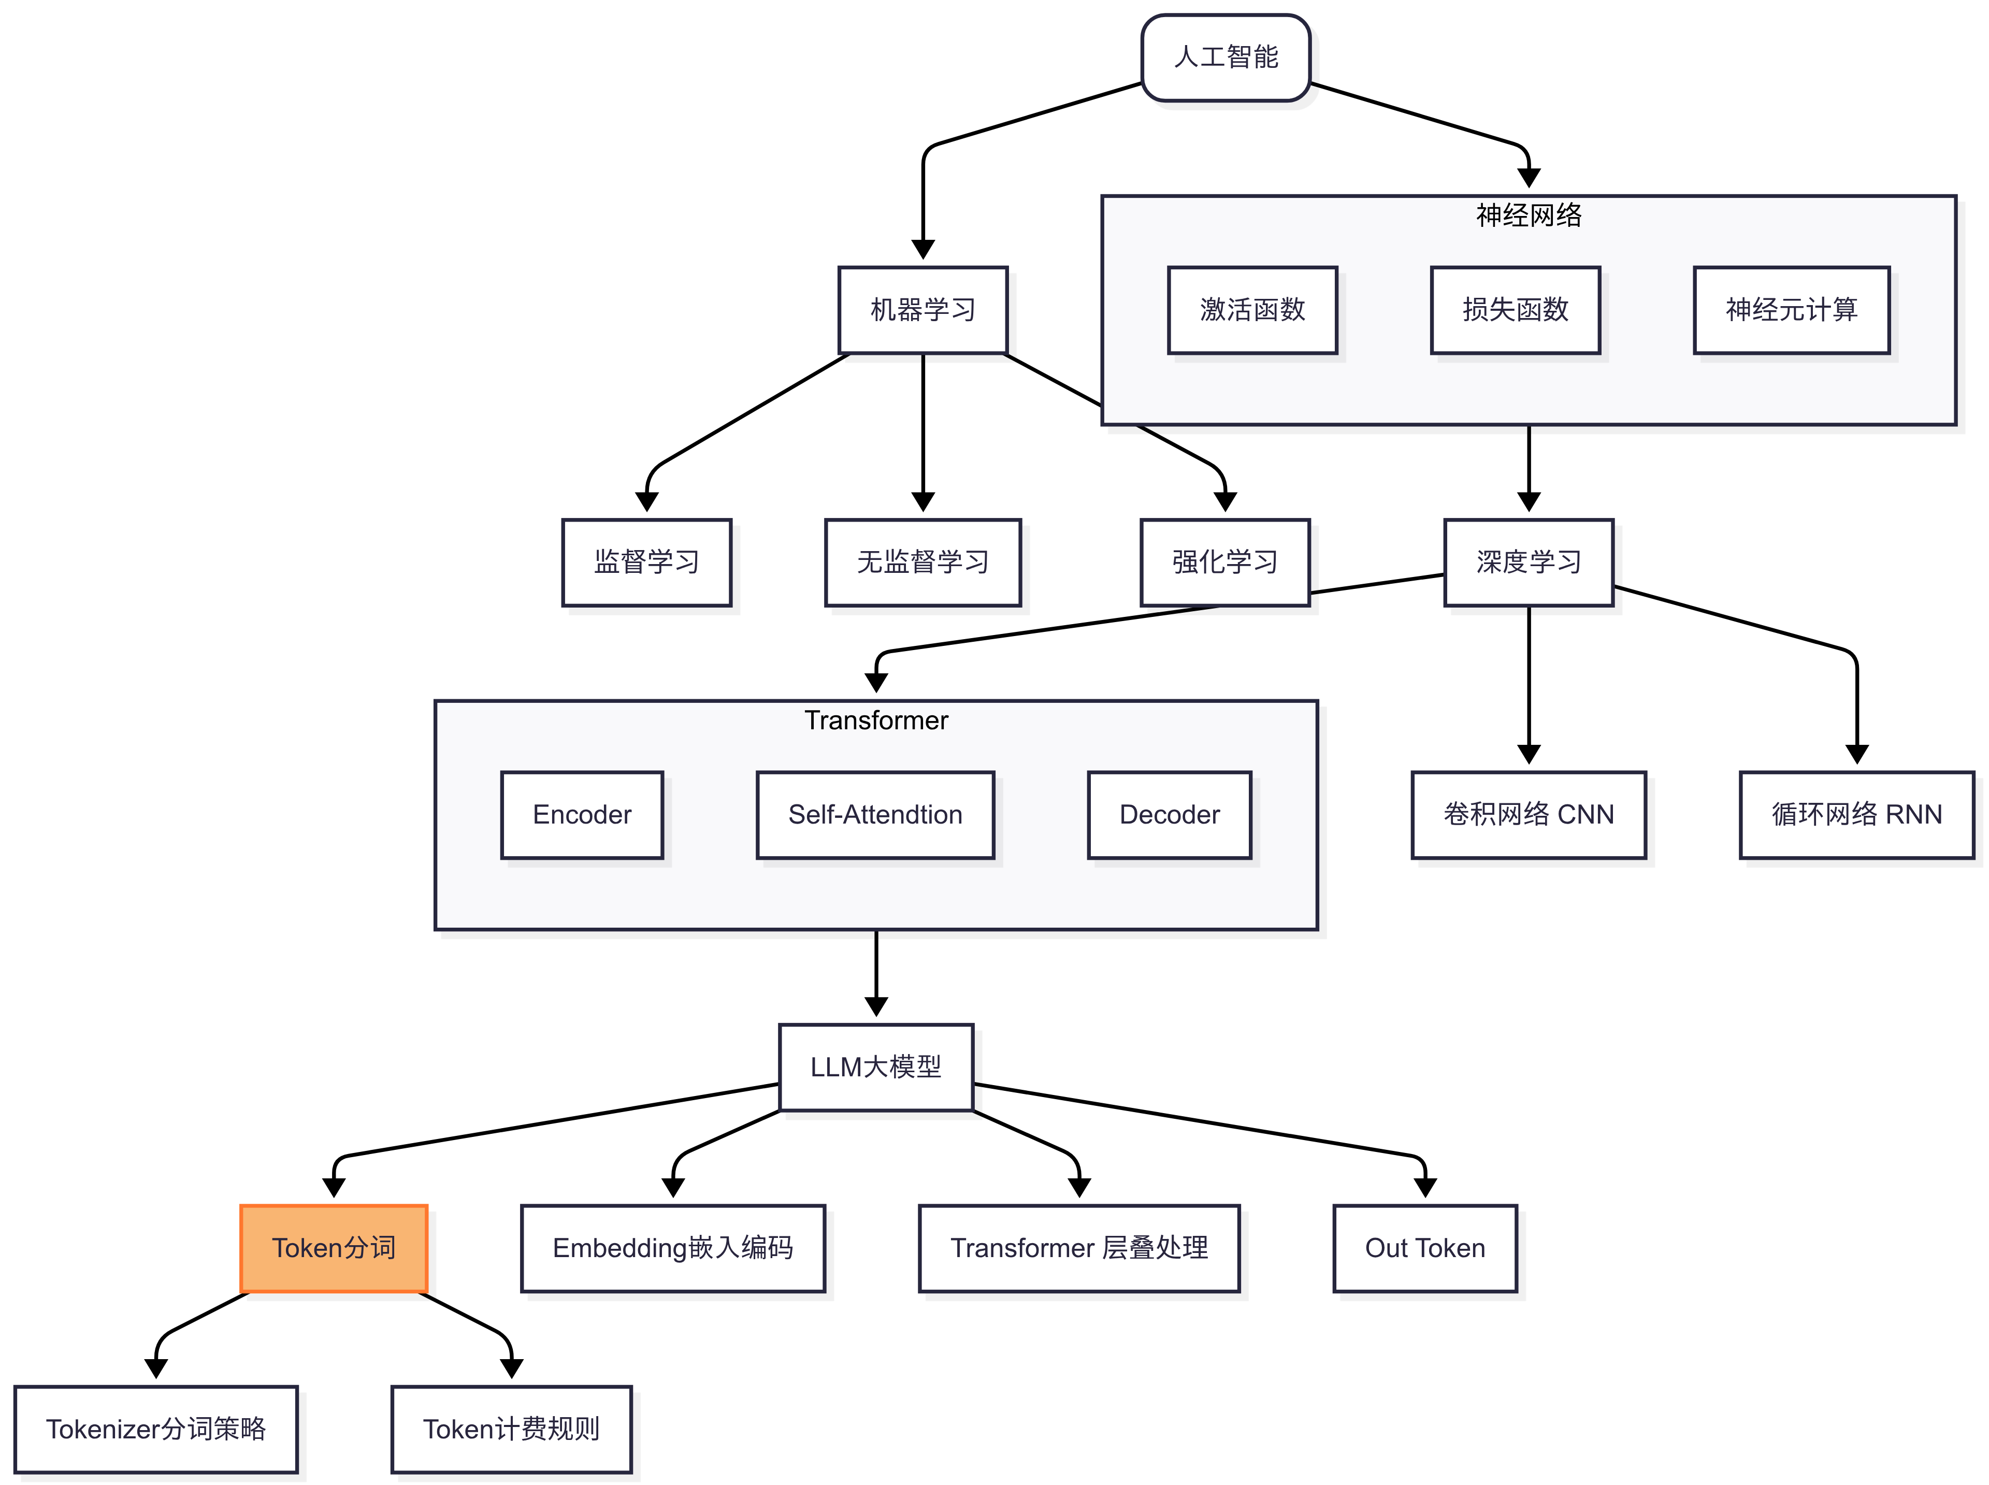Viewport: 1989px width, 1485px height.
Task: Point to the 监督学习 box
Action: (x=646, y=563)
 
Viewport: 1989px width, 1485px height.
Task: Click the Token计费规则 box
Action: (x=511, y=1429)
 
